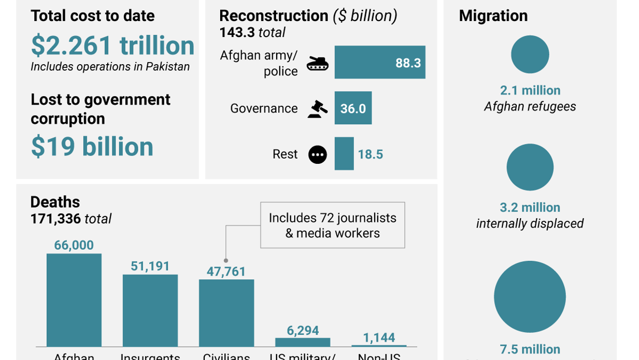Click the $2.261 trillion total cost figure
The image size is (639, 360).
pyautogui.click(x=112, y=46)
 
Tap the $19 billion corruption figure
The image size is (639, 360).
pyautogui.click(x=92, y=147)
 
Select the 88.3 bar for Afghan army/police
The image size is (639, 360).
pyautogui.click(x=379, y=63)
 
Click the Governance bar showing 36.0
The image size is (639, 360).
pyautogui.click(x=353, y=108)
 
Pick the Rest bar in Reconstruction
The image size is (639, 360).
pyautogui.click(x=344, y=154)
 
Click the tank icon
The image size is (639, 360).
pyautogui.click(x=317, y=64)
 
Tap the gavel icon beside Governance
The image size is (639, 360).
pyautogui.click(x=317, y=109)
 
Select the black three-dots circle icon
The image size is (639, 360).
pyautogui.click(x=317, y=155)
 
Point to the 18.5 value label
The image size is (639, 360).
pyautogui.click(x=370, y=155)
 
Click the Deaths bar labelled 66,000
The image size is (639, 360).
pyautogui.click(x=74, y=300)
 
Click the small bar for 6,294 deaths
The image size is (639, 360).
pyautogui.click(x=302, y=342)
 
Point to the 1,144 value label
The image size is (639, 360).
pyautogui.click(x=379, y=337)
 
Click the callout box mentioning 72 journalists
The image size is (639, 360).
pyautogui.click(x=332, y=225)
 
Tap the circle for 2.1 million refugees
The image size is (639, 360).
pyautogui.click(x=530, y=54)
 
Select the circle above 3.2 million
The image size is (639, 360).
pyautogui.click(x=530, y=167)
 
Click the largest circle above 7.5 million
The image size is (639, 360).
pyautogui.click(x=530, y=297)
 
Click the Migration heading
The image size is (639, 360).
pyautogui.click(x=493, y=16)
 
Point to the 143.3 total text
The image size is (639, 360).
pyautogui.click(x=252, y=33)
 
